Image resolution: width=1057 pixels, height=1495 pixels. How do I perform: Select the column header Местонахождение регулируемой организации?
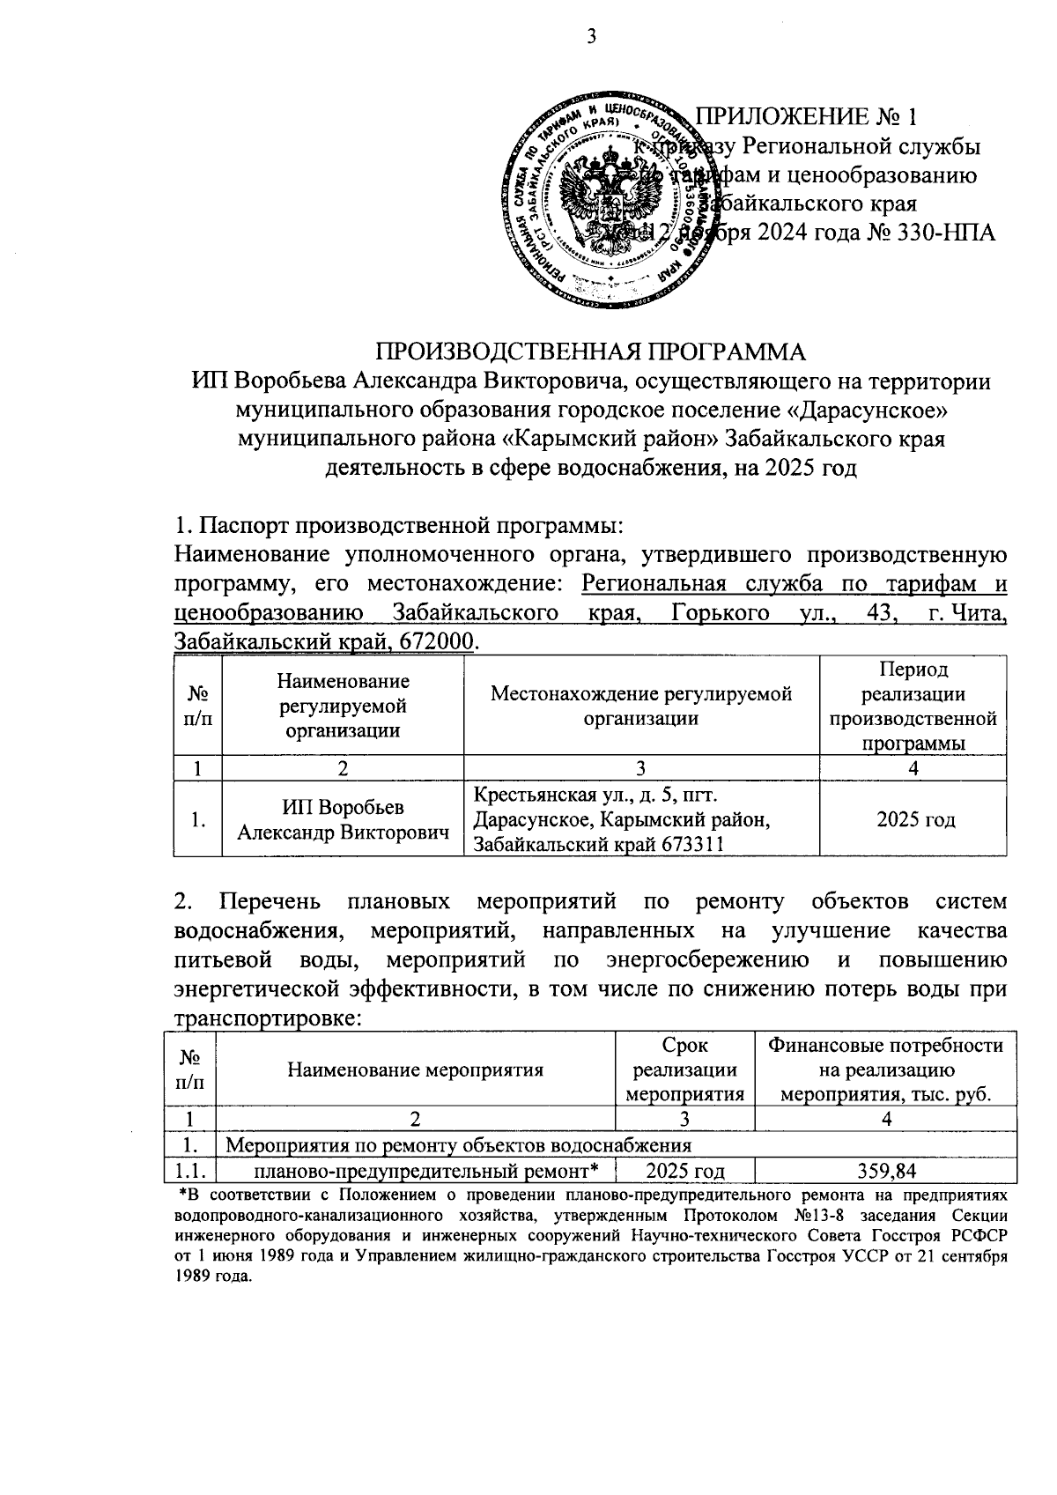pyautogui.click(x=641, y=705)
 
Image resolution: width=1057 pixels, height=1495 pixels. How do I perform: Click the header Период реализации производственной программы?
pyautogui.click(x=913, y=707)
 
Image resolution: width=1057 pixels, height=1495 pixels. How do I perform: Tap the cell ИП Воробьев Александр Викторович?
pyautogui.click(x=343, y=819)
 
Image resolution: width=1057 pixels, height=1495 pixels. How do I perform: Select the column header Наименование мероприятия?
pyautogui.click(x=415, y=1070)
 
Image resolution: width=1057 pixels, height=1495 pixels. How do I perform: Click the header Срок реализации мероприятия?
pyautogui.click(x=684, y=1070)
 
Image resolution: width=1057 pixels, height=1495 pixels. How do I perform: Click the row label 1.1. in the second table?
pyautogui.click(x=191, y=1171)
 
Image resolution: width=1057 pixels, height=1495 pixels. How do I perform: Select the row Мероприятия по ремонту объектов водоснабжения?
pyautogui.click(x=459, y=1144)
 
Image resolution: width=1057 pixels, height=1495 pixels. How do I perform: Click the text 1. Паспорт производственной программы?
pyautogui.click(x=399, y=526)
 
